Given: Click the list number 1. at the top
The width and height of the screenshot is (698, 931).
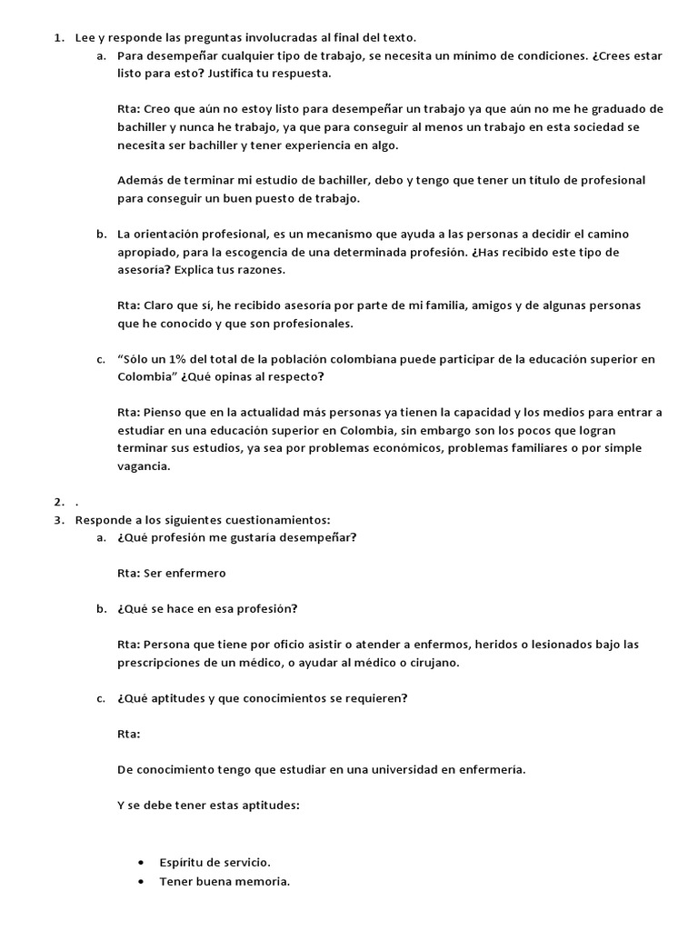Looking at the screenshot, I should [58, 37].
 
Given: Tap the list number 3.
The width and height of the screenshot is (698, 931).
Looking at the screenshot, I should [58, 520].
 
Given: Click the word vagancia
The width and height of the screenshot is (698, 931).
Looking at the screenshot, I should [143, 466].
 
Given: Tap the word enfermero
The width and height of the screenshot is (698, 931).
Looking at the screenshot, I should [196, 574].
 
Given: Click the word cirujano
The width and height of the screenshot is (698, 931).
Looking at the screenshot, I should [434, 663].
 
